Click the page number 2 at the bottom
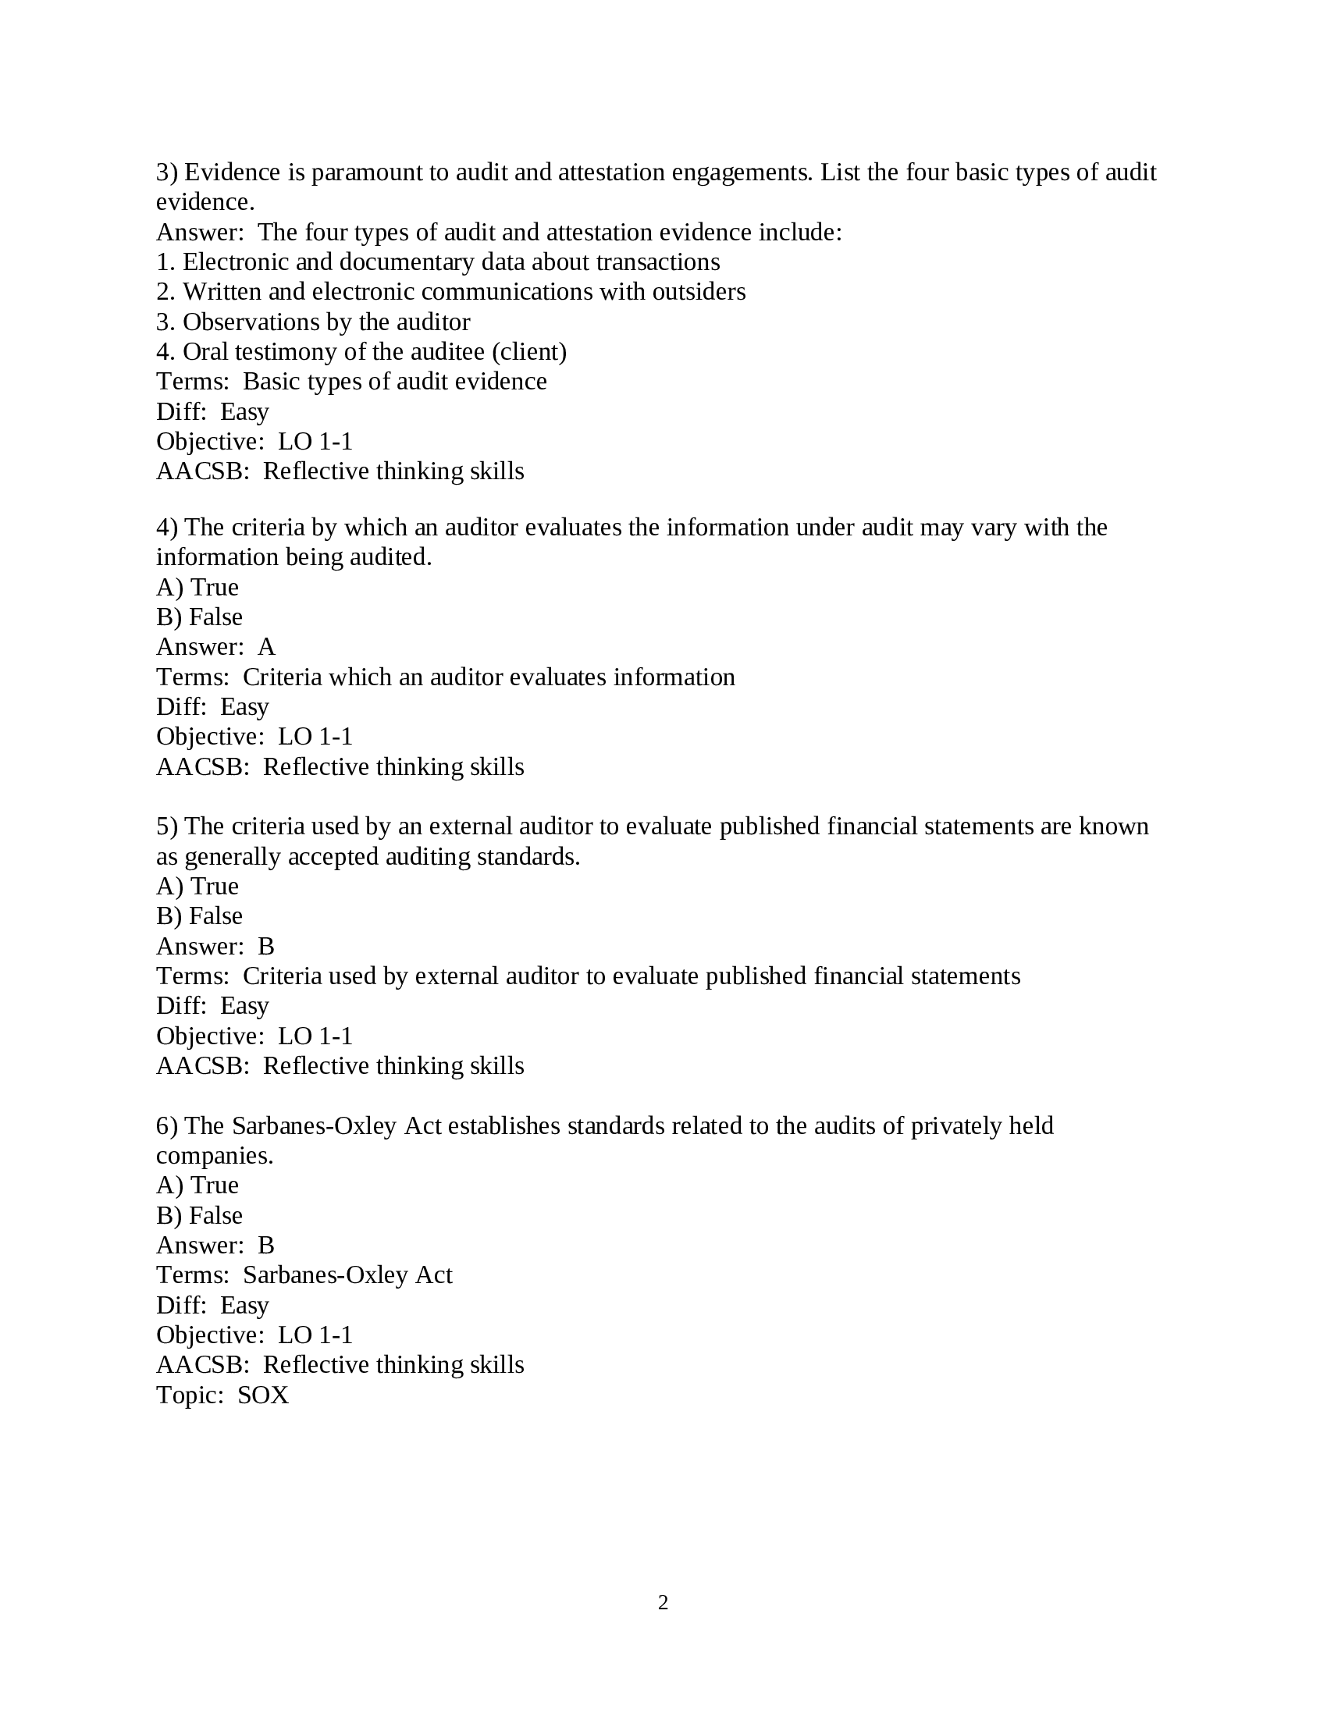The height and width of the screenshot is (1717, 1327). (663, 1602)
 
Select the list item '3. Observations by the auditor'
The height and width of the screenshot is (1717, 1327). (313, 322)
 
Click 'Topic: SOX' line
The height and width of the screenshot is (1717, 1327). (222, 1395)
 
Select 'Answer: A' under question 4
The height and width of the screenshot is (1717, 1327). (215, 646)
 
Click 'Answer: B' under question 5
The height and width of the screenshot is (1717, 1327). (215, 946)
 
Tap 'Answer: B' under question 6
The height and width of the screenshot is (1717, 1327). (215, 1246)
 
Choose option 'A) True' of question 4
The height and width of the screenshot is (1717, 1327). (197, 587)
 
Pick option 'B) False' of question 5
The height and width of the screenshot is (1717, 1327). (199, 916)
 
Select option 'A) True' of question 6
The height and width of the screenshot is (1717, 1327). (197, 1185)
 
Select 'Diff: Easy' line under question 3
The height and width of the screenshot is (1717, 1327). (212, 411)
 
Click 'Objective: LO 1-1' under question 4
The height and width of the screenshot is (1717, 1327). (254, 737)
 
